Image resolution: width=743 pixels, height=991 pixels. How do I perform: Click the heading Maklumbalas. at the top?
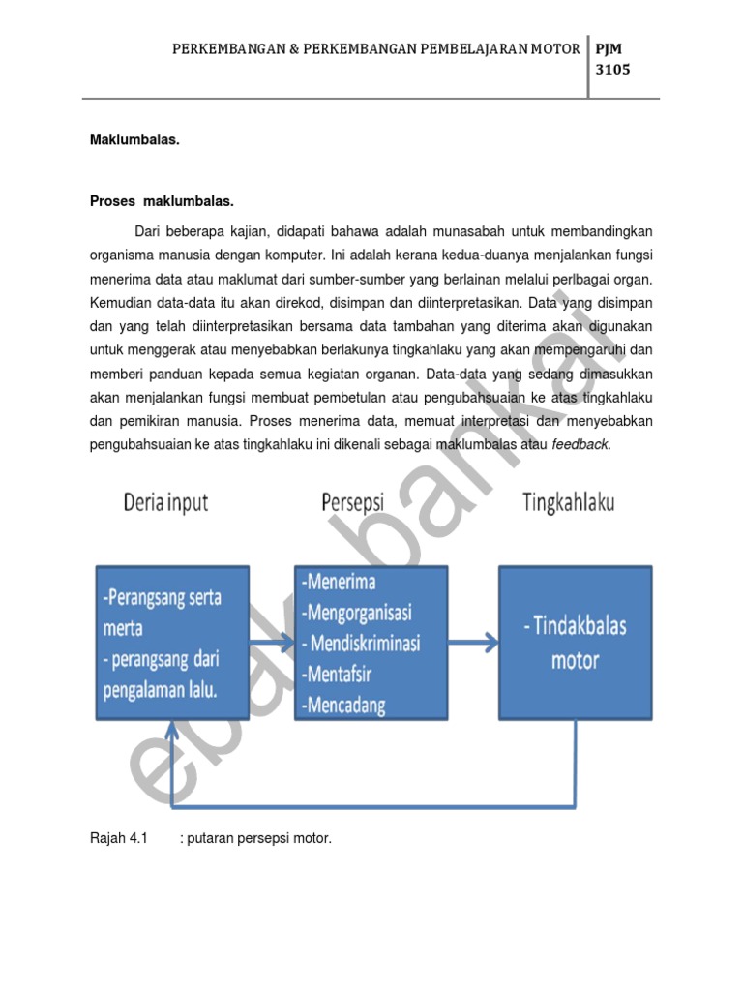coord(134,140)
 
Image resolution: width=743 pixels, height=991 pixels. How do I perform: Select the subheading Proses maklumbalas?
coord(162,202)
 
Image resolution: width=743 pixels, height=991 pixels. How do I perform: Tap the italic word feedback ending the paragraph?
coord(580,445)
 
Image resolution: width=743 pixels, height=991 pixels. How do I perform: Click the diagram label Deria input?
coord(164,503)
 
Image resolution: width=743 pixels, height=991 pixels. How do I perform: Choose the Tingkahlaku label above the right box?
coord(569,503)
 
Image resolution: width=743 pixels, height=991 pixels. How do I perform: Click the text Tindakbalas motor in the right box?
coord(575,644)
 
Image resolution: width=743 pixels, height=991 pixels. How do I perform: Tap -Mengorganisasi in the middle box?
coord(357,613)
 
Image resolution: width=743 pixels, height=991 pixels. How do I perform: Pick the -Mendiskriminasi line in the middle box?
coord(363,644)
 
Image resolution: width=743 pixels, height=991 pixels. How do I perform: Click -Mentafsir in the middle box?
coord(341,674)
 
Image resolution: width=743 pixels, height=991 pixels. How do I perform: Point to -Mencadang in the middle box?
coord(343,705)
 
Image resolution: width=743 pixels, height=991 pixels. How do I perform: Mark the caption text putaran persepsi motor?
coord(259,838)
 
